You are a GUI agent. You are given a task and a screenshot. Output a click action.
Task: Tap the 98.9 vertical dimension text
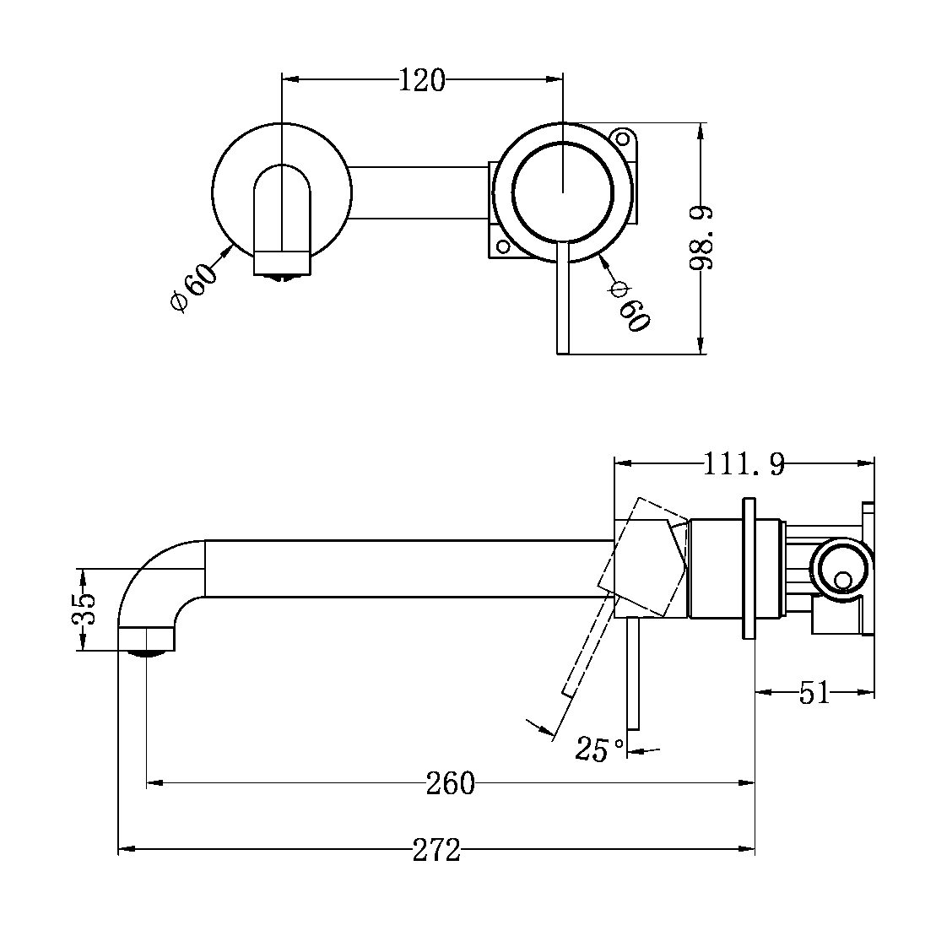pos(702,237)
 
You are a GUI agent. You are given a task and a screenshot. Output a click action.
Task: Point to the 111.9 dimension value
pos(744,463)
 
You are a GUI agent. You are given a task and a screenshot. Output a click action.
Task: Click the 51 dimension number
pos(814,694)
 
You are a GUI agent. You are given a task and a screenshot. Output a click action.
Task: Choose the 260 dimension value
pos(450,784)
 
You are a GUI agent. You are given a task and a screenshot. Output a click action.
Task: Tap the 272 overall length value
pos(436,850)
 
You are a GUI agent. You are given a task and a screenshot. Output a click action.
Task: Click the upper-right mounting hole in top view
pos(623,137)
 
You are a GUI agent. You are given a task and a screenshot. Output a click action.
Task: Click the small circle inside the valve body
pos(842,581)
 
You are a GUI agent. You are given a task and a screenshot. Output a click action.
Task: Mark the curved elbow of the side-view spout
pos(156,574)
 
